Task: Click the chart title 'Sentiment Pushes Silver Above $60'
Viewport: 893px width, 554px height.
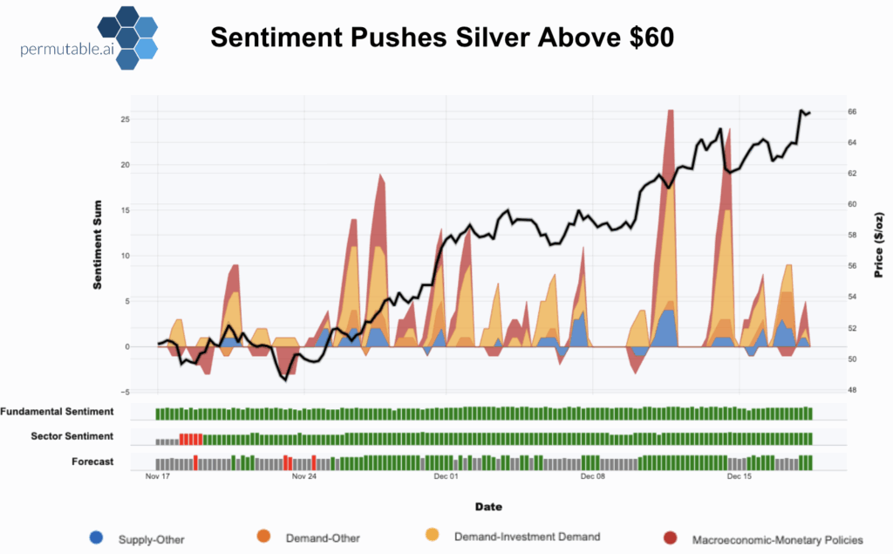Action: point(442,38)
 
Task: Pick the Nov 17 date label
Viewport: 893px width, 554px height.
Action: point(158,477)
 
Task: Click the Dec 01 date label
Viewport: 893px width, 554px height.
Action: point(446,477)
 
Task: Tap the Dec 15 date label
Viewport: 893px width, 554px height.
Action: point(740,477)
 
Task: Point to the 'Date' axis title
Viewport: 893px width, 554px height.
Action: point(487,507)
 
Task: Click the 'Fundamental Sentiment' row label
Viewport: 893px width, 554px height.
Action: point(58,412)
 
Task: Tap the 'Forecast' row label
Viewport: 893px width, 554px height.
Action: point(92,462)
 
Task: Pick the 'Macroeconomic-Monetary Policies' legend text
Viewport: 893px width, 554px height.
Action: point(778,538)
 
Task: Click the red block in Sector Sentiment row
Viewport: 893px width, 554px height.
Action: point(191,438)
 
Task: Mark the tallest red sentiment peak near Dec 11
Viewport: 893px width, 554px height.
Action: point(670,113)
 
